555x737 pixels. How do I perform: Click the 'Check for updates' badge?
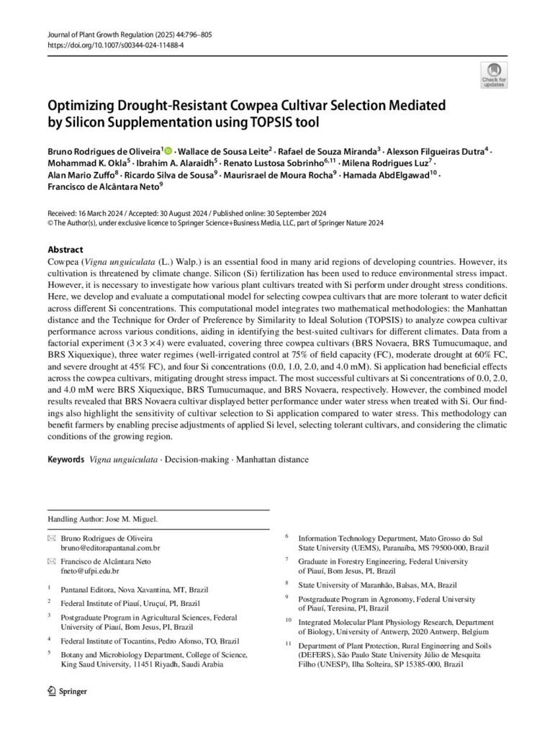tap(493, 73)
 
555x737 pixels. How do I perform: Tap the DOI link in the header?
tap(114, 45)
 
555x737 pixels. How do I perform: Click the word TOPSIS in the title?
tap(285, 122)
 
